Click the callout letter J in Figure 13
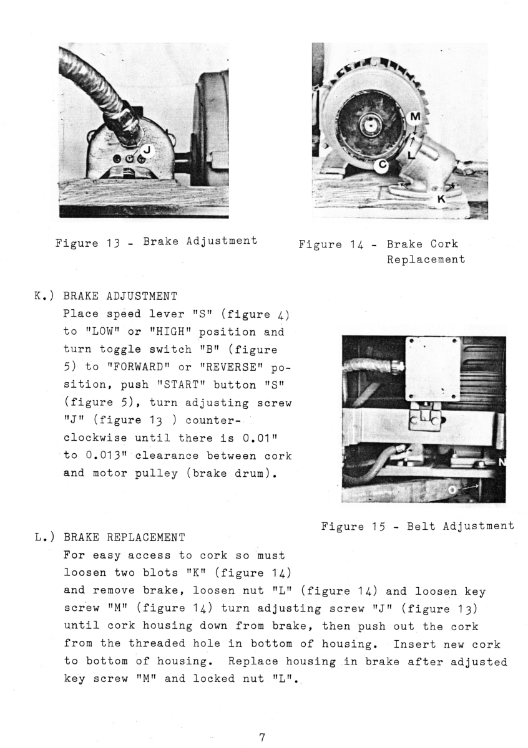click(x=147, y=150)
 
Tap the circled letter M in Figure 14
click(x=416, y=117)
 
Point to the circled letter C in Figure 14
click(x=382, y=165)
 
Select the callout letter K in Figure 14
click(x=441, y=199)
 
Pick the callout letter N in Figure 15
click(x=502, y=462)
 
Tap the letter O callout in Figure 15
click(x=452, y=491)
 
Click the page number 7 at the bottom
click(x=263, y=737)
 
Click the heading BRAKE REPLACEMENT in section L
click(x=124, y=537)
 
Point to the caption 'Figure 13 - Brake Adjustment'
click(x=157, y=241)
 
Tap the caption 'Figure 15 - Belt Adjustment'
click(x=418, y=527)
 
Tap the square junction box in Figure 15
click(x=433, y=368)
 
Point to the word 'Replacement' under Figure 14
click(x=426, y=259)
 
